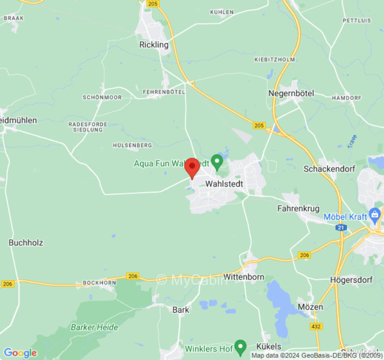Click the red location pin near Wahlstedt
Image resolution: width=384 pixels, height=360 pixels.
pyautogui.click(x=192, y=167)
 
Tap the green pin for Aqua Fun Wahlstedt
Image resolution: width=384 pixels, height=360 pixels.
pyautogui.click(x=217, y=161)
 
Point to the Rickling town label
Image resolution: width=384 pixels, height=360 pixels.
pyautogui.click(x=154, y=45)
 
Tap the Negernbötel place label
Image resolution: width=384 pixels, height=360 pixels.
pyautogui.click(x=291, y=94)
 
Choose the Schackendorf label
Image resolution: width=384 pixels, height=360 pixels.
pyautogui.click(x=329, y=169)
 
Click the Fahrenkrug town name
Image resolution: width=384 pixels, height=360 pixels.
pyautogui.click(x=298, y=208)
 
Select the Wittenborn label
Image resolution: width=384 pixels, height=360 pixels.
pyautogui.click(x=244, y=277)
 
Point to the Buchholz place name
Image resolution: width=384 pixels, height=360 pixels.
pyautogui.click(x=26, y=243)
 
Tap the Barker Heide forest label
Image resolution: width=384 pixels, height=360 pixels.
pyautogui.click(x=95, y=327)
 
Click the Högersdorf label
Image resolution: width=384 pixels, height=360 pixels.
pyautogui.click(x=351, y=279)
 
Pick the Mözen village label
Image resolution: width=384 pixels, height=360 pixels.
pyautogui.click(x=310, y=307)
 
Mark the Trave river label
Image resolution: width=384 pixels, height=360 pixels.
pyautogui.click(x=352, y=141)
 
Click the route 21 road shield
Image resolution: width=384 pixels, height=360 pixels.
pyautogui.click(x=341, y=228)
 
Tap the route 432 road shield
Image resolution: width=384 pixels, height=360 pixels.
pyautogui.click(x=316, y=326)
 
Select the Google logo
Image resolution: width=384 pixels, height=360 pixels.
pyautogui.click(x=20, y=353)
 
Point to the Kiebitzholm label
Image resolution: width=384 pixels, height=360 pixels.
pyautogui.click(x=275, y=59)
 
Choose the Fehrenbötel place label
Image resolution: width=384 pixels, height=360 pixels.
pyautogui.click(x=164, y=92)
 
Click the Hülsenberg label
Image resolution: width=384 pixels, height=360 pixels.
pyautogui.click(x=132, y=145)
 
